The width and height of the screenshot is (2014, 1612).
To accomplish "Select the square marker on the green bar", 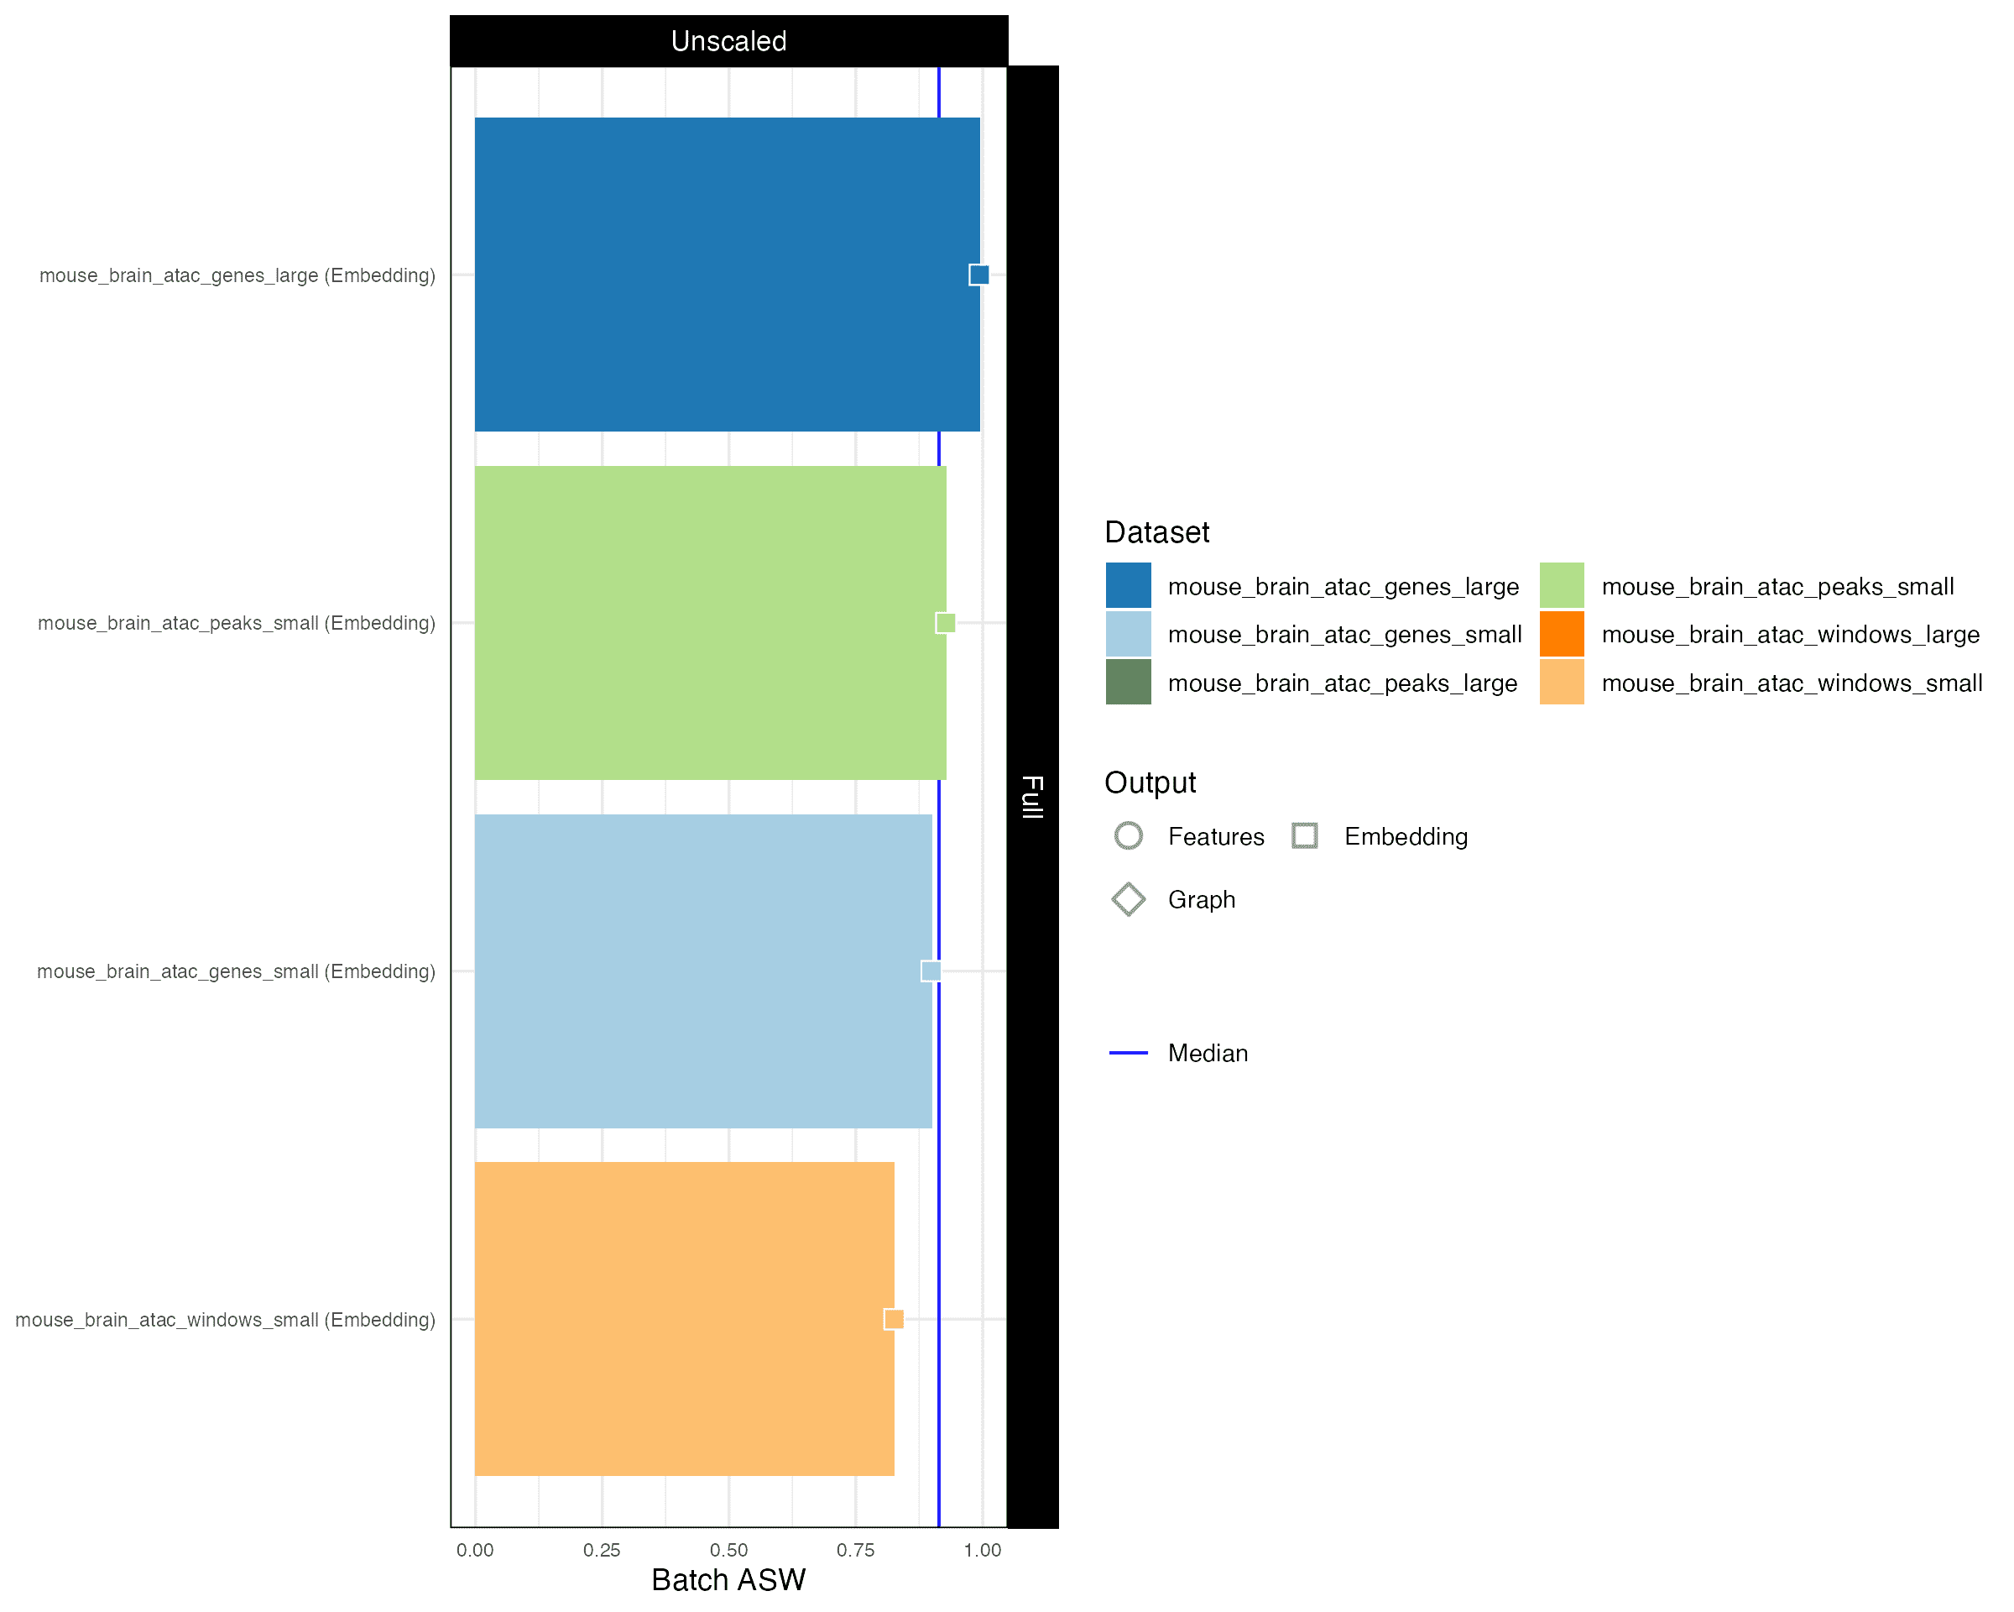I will (x=946, y=623).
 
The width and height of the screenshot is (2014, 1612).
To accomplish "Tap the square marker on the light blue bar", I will (x=931, y=971).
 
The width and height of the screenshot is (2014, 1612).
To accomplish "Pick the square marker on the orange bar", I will (x=894, y=1320).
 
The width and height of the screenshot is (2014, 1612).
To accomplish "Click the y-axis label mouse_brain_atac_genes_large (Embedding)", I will (x=237, y=275).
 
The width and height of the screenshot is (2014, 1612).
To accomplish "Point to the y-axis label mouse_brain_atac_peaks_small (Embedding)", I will (x=237, y=623).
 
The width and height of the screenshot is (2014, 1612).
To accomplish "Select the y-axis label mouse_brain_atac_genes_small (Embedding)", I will (x=237, y=972).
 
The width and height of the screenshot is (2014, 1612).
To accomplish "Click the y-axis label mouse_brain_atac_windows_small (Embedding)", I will (x=225, y=1320).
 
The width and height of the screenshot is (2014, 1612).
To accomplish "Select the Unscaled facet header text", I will (x=728, y=41).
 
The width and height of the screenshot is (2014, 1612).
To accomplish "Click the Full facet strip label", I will (x=1032, y=796).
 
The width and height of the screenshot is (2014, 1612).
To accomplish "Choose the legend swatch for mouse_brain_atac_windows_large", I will (x=1562, y=635).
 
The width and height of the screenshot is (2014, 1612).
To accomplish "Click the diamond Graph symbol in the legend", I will (x=1129, y=900).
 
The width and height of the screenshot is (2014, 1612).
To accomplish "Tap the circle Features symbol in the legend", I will (x=1129, y=836).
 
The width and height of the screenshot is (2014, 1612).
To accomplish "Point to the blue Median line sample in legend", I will (x=1129, y=1053).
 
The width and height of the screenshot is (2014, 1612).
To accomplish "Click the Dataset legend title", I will (x=1156, y=532).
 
